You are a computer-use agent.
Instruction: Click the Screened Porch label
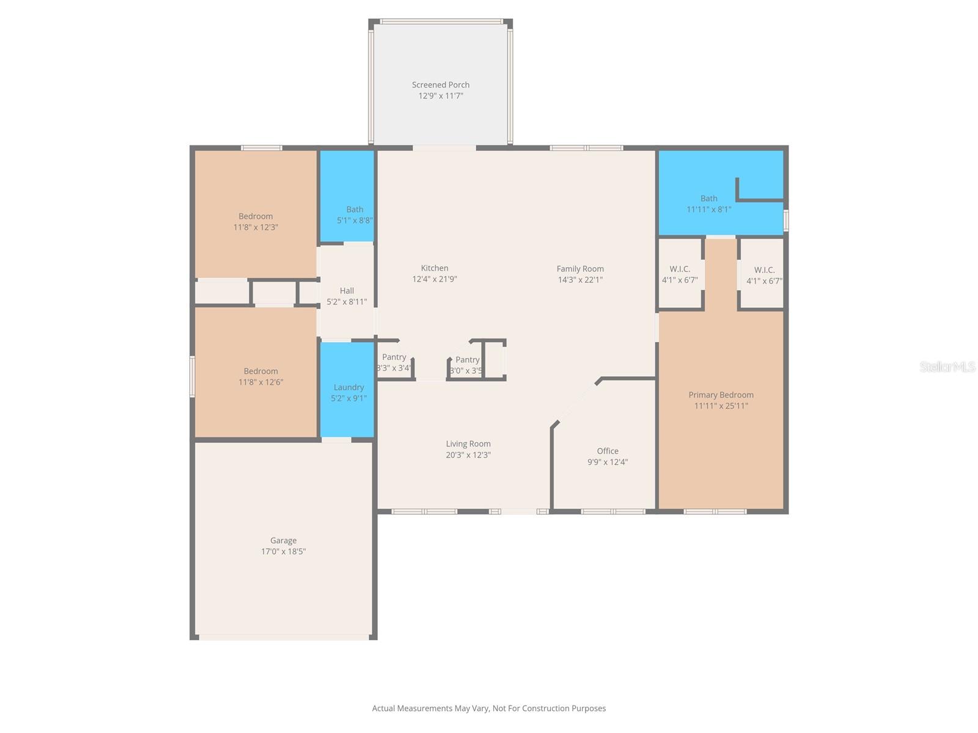(x=440, y=85)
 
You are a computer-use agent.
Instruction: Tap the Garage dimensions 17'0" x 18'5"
(x=283, y=552)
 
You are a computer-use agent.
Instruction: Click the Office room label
(x=607, y=451)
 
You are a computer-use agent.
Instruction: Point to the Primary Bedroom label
(x=721, y=395)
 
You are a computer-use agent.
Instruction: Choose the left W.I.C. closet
(x=680, y=275)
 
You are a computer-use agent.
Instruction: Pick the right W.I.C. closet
(x=763, y=275)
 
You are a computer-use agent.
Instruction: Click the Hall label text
(x=347, y=291)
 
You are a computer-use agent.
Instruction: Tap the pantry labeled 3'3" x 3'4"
(x=394, y=363)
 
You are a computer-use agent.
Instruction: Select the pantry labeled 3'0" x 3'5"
(x=466, y=365)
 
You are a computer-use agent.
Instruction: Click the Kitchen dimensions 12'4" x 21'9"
(x=434, y=279)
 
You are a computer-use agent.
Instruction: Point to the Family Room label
(x=579, y=269)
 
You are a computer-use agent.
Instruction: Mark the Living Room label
(x=468, y=444)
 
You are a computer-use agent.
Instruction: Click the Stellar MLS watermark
(x=947, y=366)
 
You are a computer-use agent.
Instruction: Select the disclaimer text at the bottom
(x=488, y=709)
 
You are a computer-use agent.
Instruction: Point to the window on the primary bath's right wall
(x=786, y=221)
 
